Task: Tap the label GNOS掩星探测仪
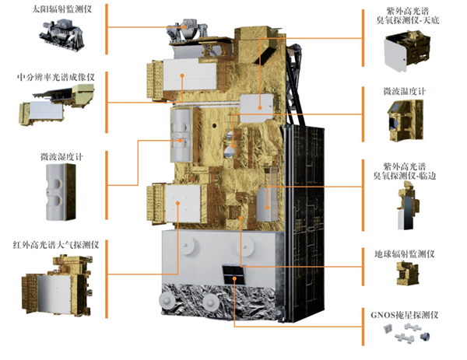click(x=411, y=315)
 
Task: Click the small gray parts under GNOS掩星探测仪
click(x=406, y=335)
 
